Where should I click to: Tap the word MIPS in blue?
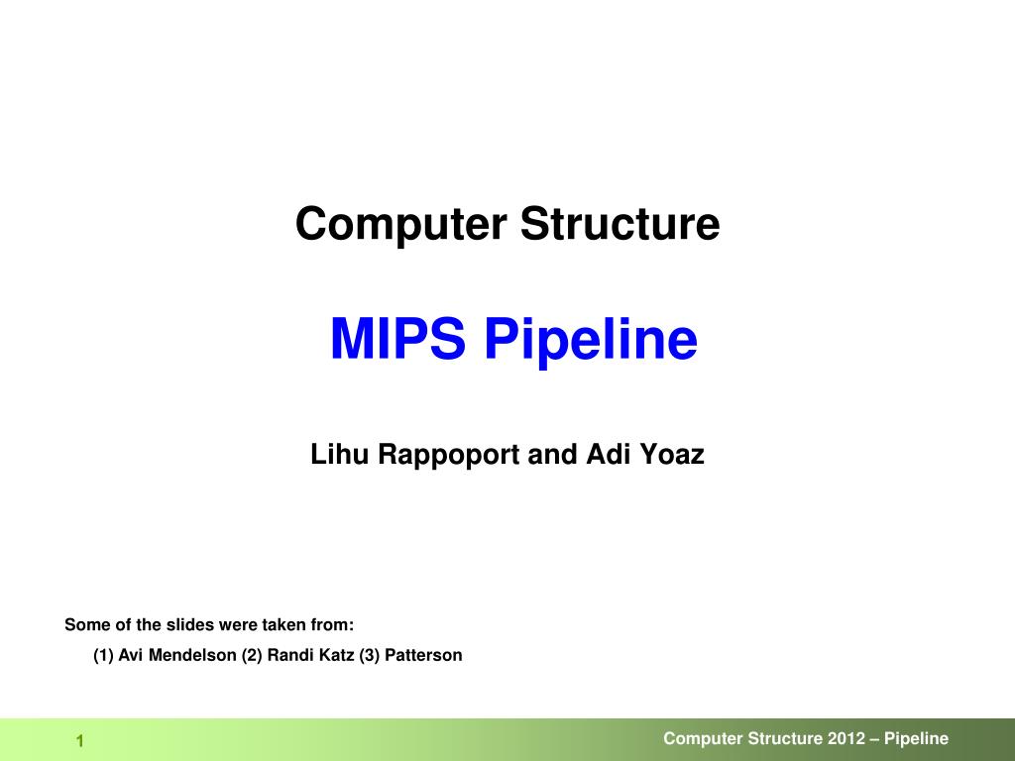(397, 339)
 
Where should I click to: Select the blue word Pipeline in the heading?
(591, 341)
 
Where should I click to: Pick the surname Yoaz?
(671, 455)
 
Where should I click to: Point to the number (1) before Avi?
(103, 655)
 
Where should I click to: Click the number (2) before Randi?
(252, 655)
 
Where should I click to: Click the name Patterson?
(423, 655)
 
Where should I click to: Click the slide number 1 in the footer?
(79, 742)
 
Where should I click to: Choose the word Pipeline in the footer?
(917, 738)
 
